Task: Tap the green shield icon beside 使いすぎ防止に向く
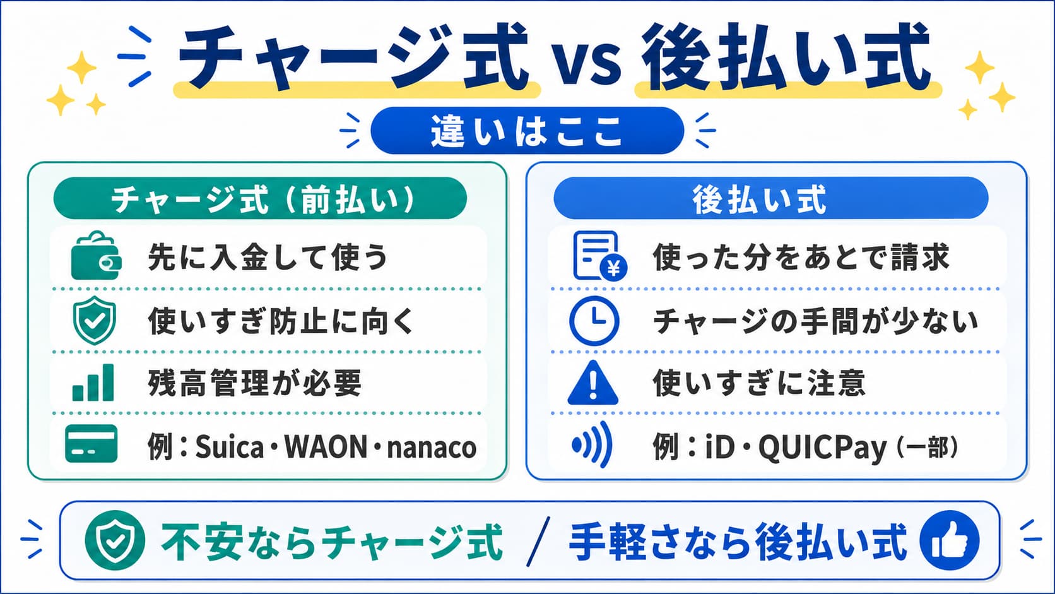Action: point(95,320)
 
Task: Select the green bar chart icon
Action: point(93,383)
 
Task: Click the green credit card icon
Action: point(91,444)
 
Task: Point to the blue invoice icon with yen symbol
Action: point(599,256)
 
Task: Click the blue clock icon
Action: point(594,320)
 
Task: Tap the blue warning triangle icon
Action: point(592,383)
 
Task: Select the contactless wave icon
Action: point(592,444)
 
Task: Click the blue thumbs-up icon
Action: point(950,540)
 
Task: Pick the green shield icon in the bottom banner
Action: point(115,540)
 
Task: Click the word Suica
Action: point(230,446)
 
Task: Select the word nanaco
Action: point(432,448)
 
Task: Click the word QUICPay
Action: point(822,448)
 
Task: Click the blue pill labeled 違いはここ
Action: point(527,131)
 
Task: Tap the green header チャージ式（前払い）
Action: point(260,198)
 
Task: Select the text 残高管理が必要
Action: point(255,383)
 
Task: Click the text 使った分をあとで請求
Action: point(801,257)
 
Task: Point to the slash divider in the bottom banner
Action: point(538,541)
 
